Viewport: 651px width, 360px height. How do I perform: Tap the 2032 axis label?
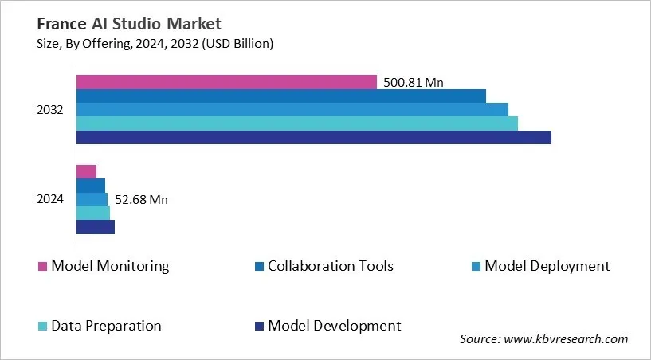(x=50, y=109)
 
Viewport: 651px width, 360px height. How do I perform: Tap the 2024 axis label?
(x=50, y=199)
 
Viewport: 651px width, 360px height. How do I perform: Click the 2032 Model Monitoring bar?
(x=226, y=82)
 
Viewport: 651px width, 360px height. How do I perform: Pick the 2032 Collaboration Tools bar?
(x=280, y=96)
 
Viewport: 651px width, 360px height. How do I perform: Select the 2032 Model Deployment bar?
(x=292, y=109)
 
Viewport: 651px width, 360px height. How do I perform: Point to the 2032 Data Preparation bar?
(x=296, y=123)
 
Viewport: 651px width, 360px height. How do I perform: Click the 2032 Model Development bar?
(x=313, y=137)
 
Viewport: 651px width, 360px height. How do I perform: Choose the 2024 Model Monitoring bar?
(x=86, y=171)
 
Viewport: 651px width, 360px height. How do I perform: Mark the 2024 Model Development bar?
(x=96, y=227)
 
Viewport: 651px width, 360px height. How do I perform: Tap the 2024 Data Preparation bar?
(x=92, y=213)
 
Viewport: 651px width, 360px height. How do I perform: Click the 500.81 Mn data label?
(x=414, y=81)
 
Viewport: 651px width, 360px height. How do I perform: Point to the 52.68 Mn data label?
(x=141, y=199)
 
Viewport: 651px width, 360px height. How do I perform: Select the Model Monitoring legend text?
(x=110, y=266)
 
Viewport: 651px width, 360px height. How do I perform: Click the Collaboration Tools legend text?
(x=331, y=266)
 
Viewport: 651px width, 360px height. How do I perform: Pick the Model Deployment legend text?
(x=547, y=266)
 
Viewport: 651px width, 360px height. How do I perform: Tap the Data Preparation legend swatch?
(x=42, y=327)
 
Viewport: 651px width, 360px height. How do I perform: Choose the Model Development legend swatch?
(x=259, y=327)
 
